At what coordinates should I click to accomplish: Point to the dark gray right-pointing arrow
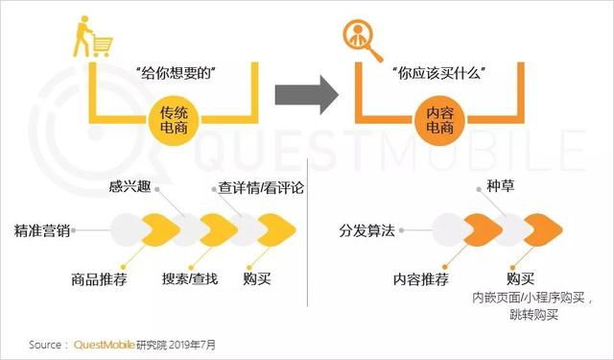pyautogui.click(x=306, y=93)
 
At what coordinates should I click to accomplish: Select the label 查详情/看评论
pyautogui.click(x=255, y=188)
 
